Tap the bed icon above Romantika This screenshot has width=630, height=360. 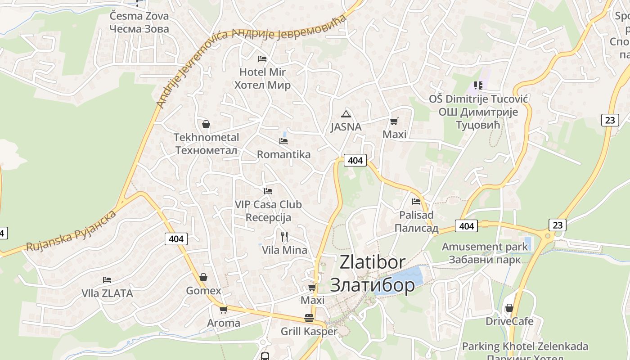coord(283,141)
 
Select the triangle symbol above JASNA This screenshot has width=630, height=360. coord(346,114)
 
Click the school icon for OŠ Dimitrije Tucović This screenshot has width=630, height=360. coord(478,85)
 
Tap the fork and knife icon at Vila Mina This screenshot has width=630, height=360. coord(284,237)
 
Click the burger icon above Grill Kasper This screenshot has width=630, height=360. coord(309,318)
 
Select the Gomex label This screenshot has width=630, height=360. coord(204,291)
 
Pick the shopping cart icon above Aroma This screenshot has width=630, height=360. coord(223,310)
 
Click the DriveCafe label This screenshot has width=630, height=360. coord(509,321)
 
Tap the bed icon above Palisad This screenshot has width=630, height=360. coord(416,201)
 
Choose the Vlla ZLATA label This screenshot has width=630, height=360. coord(107,293)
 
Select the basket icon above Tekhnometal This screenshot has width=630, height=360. coord(206,124)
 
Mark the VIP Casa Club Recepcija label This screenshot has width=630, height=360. coord(268,211)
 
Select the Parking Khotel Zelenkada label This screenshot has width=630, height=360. coord(525,346)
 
